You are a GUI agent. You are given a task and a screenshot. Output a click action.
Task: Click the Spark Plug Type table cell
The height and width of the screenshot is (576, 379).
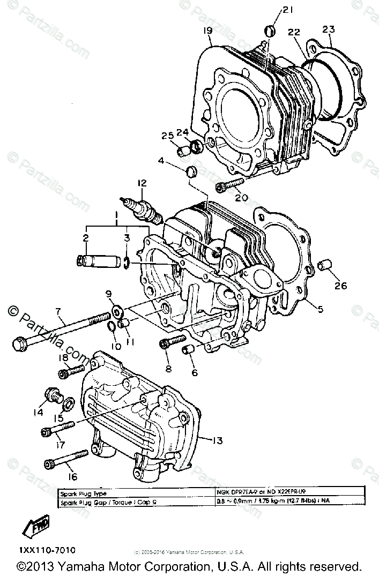[x=86, y=493]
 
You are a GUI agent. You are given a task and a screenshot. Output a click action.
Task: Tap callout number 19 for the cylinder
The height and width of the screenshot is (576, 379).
[x=207, y=31]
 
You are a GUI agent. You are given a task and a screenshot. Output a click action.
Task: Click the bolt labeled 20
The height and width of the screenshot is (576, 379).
[x=227, y=186]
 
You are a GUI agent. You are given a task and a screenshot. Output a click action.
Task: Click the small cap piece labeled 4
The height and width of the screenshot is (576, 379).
[x=191, y=172]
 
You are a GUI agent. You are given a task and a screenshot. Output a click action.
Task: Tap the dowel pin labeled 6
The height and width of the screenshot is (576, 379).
[x=189, y=350]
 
